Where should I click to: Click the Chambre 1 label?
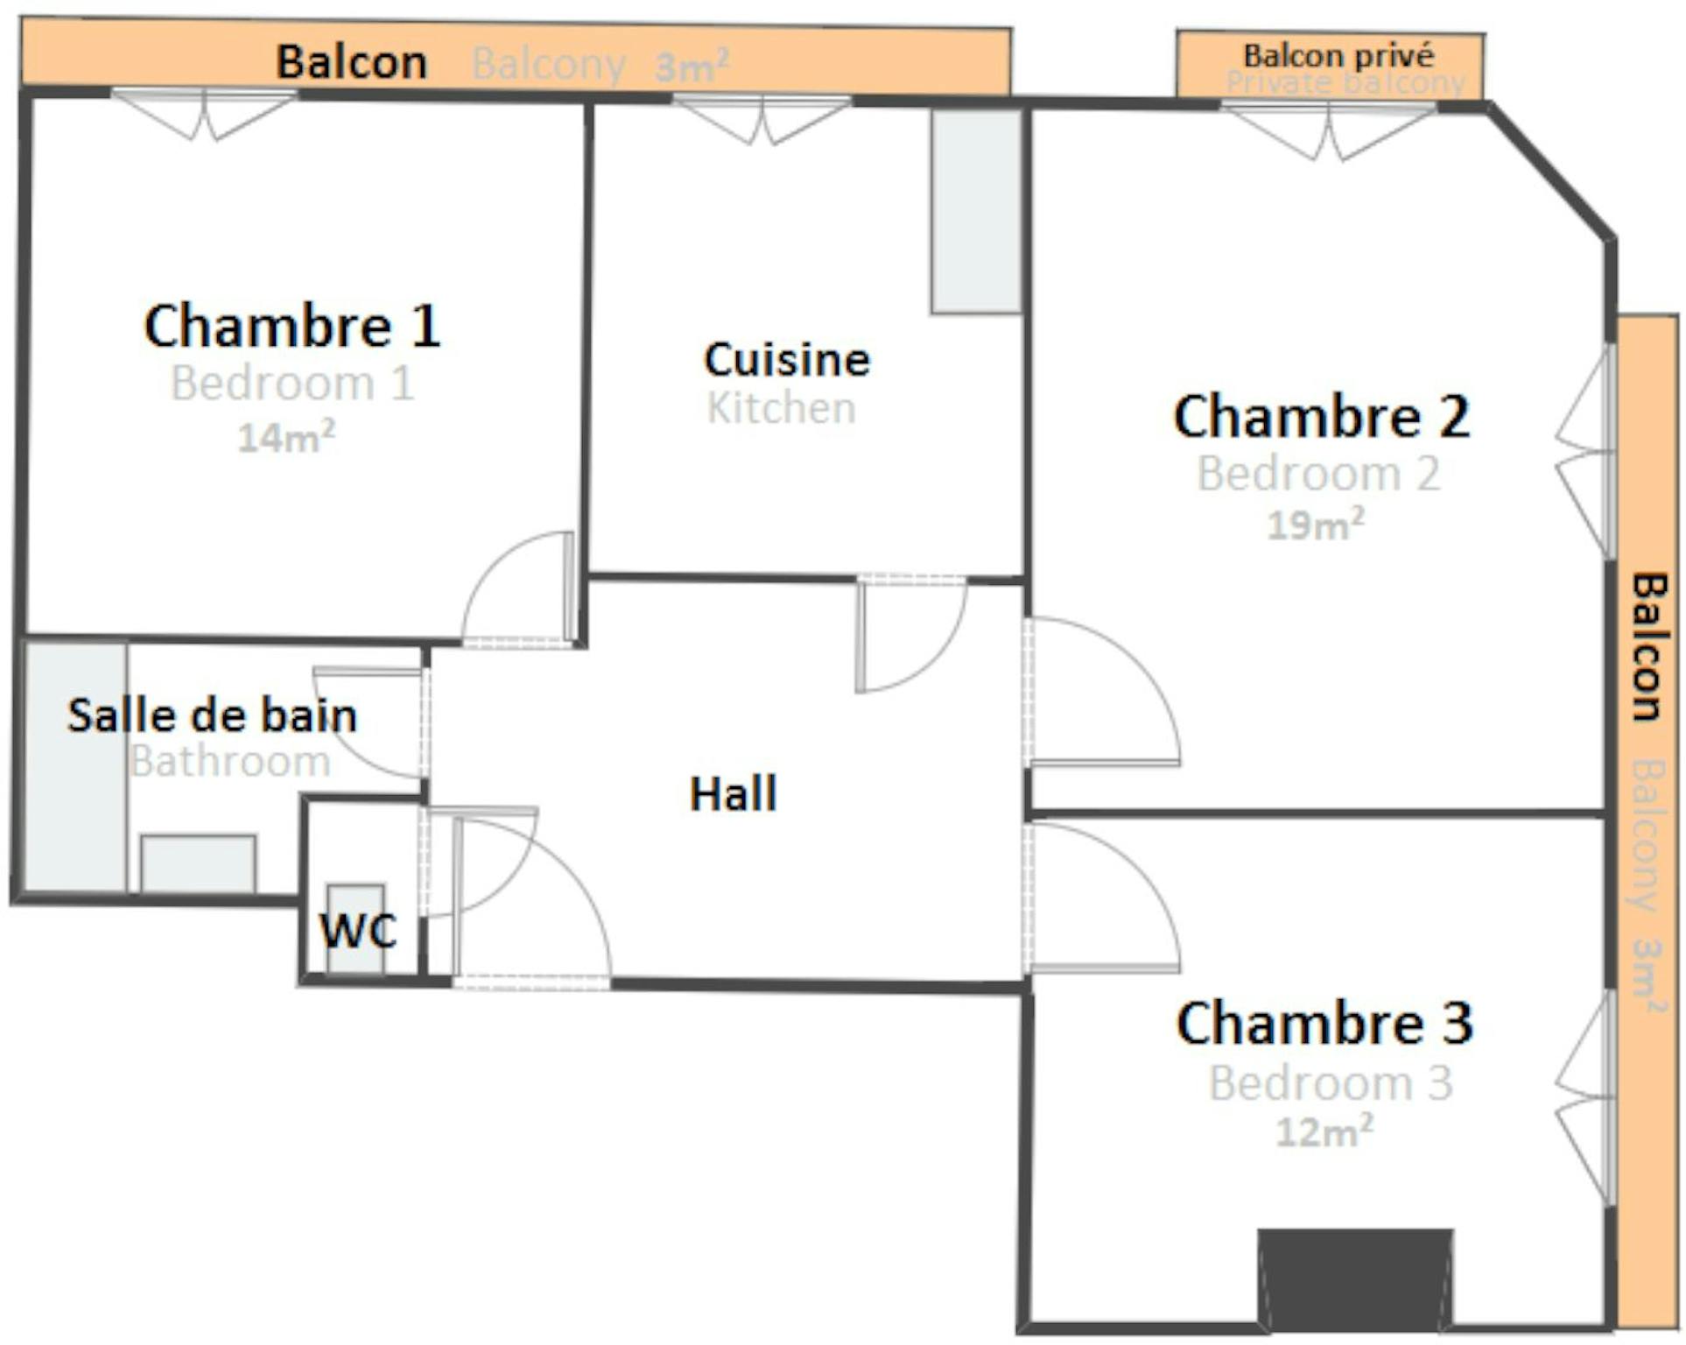click(x=292, y=326)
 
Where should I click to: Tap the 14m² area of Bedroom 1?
click(x=286, y=436)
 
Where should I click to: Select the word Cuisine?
click(x=787, y=359)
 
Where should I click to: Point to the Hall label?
click(x=734, y=794)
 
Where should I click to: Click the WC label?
click(x=358, y=930)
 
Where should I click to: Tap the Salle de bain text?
click(x=213, y=715)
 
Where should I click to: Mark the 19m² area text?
click(x=1316, y=524)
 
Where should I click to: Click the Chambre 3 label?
click(x=1324, y=1023)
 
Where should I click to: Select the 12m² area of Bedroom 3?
click(x=1324, y=1131)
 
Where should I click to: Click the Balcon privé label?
click(x=1339, y=56)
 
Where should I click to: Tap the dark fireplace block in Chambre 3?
click(x=1356, y=1278)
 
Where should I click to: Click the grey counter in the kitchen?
click(x=976, y=211)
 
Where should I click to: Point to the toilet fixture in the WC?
click(x=355, y=928)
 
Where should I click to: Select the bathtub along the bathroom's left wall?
click(x=75, y=768)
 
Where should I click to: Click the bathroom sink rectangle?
click(x=199, y=864)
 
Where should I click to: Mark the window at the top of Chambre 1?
click(x=204, y=114)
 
